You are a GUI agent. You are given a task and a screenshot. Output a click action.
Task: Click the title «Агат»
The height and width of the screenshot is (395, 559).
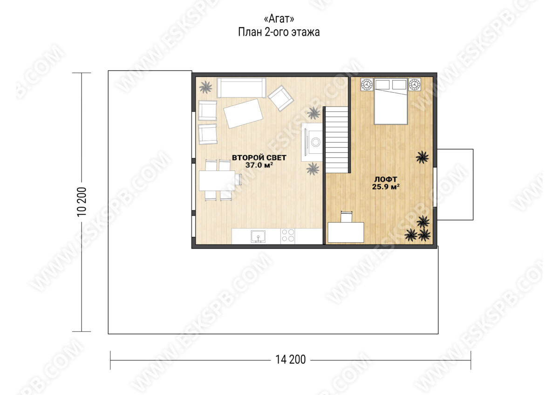[x=279, y=19]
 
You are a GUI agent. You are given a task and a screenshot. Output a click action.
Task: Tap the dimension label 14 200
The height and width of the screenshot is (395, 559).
[x=290, y=360]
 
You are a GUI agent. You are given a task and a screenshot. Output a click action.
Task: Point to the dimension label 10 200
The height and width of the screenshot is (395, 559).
[x=82, y=202]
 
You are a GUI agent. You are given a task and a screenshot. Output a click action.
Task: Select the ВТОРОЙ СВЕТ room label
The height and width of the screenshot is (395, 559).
[x=259, y=157]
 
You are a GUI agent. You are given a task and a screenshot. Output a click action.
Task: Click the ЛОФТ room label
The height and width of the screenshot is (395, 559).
[x=386, y=179]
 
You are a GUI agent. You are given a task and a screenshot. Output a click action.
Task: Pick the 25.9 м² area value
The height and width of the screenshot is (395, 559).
[x=386, y=187]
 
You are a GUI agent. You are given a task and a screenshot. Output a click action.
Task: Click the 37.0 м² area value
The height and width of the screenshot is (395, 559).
[x=259, y=165]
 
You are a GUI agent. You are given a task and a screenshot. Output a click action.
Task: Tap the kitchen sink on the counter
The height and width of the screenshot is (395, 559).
[x=258, y=236]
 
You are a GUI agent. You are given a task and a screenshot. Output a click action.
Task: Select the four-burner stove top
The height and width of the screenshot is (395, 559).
[x=287, y=236]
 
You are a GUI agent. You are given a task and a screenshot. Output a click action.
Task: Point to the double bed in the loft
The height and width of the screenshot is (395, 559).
[x=390, y=101]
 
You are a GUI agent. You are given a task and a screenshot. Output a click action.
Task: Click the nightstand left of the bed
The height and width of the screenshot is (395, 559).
[x=367, y=85]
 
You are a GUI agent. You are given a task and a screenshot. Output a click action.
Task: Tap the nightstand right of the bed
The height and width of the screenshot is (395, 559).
[x=415, y=84]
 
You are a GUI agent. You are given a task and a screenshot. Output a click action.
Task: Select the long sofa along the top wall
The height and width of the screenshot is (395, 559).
[x=241, y=88]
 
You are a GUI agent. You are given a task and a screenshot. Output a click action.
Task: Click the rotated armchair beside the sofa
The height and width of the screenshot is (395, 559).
[x=280, y=98]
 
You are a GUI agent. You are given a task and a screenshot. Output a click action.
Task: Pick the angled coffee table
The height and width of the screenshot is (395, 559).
[x=243, y=114]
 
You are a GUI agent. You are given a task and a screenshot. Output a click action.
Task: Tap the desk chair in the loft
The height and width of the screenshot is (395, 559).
[x=347, y=217]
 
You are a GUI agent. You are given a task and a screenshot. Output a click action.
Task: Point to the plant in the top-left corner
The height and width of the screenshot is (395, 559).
[x=205, y=87]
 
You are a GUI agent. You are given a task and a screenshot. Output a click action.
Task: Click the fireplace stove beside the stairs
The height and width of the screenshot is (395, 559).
[x=312, y=142]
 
